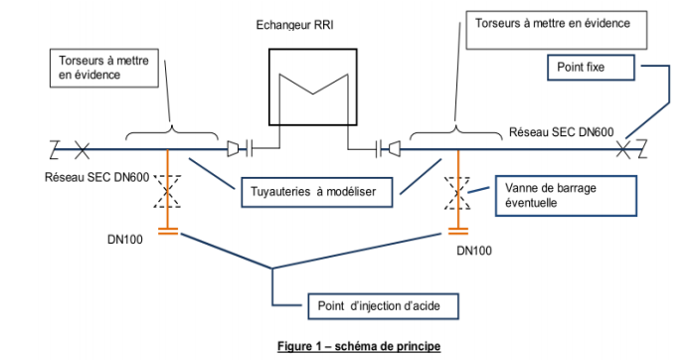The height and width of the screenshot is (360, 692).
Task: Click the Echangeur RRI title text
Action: click(x=295, y=25)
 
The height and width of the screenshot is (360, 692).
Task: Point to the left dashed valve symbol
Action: click(x=167, y=191)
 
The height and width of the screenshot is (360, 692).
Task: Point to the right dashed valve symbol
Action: click(x=457, y=193)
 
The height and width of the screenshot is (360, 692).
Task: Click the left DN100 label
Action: click(x=125, y=240)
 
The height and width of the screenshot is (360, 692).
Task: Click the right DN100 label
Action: click(x=474, y=251)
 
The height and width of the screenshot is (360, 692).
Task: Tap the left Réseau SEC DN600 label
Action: click(x=96, y=177)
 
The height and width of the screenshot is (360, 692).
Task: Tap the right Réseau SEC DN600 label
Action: click(x=562, y=132)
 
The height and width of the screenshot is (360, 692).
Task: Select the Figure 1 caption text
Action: click(x=359, y=346)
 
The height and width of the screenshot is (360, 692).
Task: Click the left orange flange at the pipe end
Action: click(x=168, y=231)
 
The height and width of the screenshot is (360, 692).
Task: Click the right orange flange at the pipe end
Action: click(x=458, y=231)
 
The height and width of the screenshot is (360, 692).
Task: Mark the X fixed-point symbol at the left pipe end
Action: click(x=82, y=150)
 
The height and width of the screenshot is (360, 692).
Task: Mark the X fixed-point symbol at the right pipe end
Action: click(x=623, y=150)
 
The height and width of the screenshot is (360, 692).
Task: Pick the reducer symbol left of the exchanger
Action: click(x=233, y=149)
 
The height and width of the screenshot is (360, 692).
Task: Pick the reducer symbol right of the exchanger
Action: click(x=394, y=149)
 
